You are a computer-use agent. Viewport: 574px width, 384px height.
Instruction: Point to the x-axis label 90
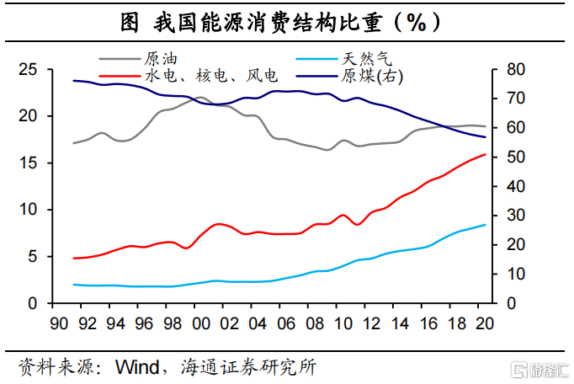[x=59, y=323]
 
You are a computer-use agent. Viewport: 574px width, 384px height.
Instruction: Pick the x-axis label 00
[x=201, y=323]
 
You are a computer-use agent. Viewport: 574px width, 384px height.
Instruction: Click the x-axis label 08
[x=315, y=323]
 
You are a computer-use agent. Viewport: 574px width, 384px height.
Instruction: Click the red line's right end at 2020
[x=485, y=154]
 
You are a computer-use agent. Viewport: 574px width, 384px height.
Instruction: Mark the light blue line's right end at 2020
[x=485, y=225]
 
